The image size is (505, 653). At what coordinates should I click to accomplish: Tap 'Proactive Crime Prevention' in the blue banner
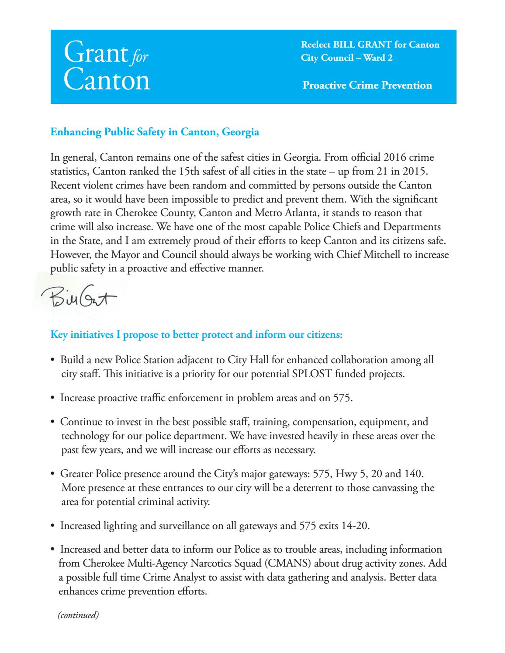point(367,85)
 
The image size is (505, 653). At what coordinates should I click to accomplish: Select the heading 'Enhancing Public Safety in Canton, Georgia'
point(155,132)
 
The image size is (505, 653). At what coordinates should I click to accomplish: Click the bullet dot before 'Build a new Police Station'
point(53,361)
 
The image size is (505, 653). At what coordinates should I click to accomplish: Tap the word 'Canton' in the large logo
point(107,80)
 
